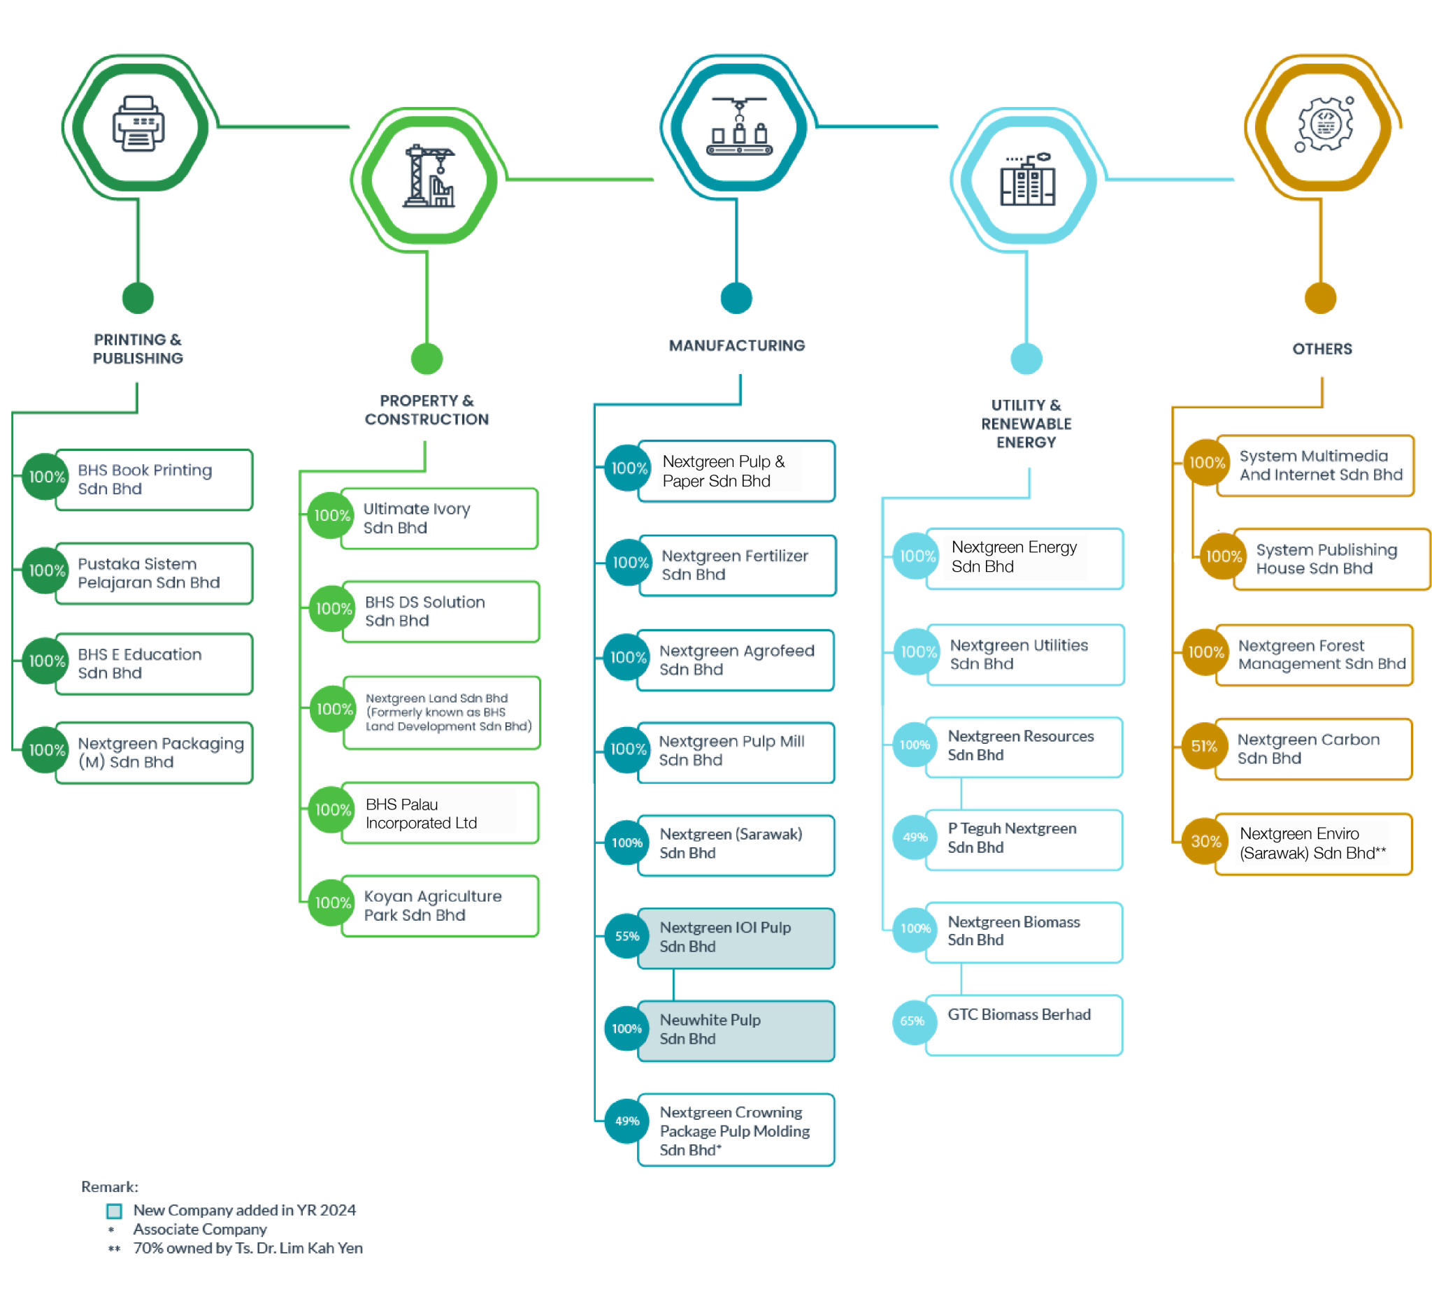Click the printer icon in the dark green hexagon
(138, 124)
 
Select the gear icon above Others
(1324, 124)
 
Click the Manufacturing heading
(736, 346)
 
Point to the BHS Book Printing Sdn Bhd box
(153, 480)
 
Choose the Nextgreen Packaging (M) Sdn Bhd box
(153, 753)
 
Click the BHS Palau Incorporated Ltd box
(441, 813)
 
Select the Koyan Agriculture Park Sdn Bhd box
(441, 906)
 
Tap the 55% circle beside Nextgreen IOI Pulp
(626, 936)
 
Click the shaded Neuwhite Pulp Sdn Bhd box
(736, 1030)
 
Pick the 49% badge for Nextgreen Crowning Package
(626, 1121)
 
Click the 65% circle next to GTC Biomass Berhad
(912, 1021)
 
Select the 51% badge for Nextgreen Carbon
(1204, 747)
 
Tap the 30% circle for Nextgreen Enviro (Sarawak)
(1205, 842)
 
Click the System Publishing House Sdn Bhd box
(1330, 559)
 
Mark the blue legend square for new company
(115, 1211)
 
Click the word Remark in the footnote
(108, 1186)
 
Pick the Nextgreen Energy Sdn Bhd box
(1024, 558)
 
